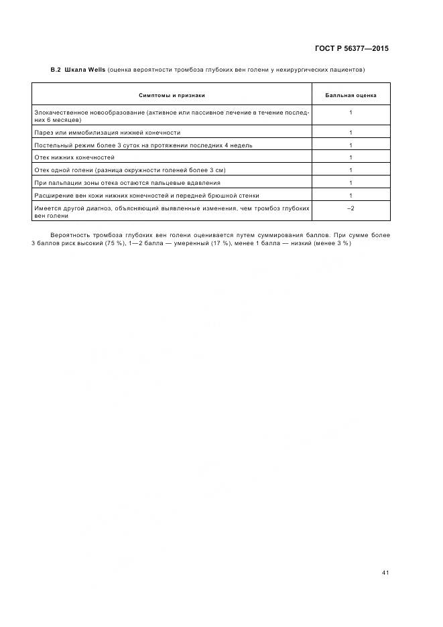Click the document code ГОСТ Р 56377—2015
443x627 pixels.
pos(351,48)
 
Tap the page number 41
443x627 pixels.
pos(385,573)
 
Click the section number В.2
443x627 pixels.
pos(56,70)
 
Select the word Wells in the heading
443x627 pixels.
pos(95,70)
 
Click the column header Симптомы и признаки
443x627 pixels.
pos(172,95)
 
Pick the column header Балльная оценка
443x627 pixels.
pos(351,95)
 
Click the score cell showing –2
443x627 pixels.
pos(351,209)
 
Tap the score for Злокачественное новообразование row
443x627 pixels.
pos(351,112)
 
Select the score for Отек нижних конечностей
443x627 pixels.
pos(351,157)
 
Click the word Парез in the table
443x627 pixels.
pos(43,133)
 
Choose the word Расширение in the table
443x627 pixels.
pos(51,196)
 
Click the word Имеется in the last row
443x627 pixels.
pos(46,209)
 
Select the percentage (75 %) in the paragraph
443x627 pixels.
pos(114,242)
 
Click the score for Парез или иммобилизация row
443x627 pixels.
pos(351,133)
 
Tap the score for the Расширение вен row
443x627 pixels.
pos(351,196)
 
